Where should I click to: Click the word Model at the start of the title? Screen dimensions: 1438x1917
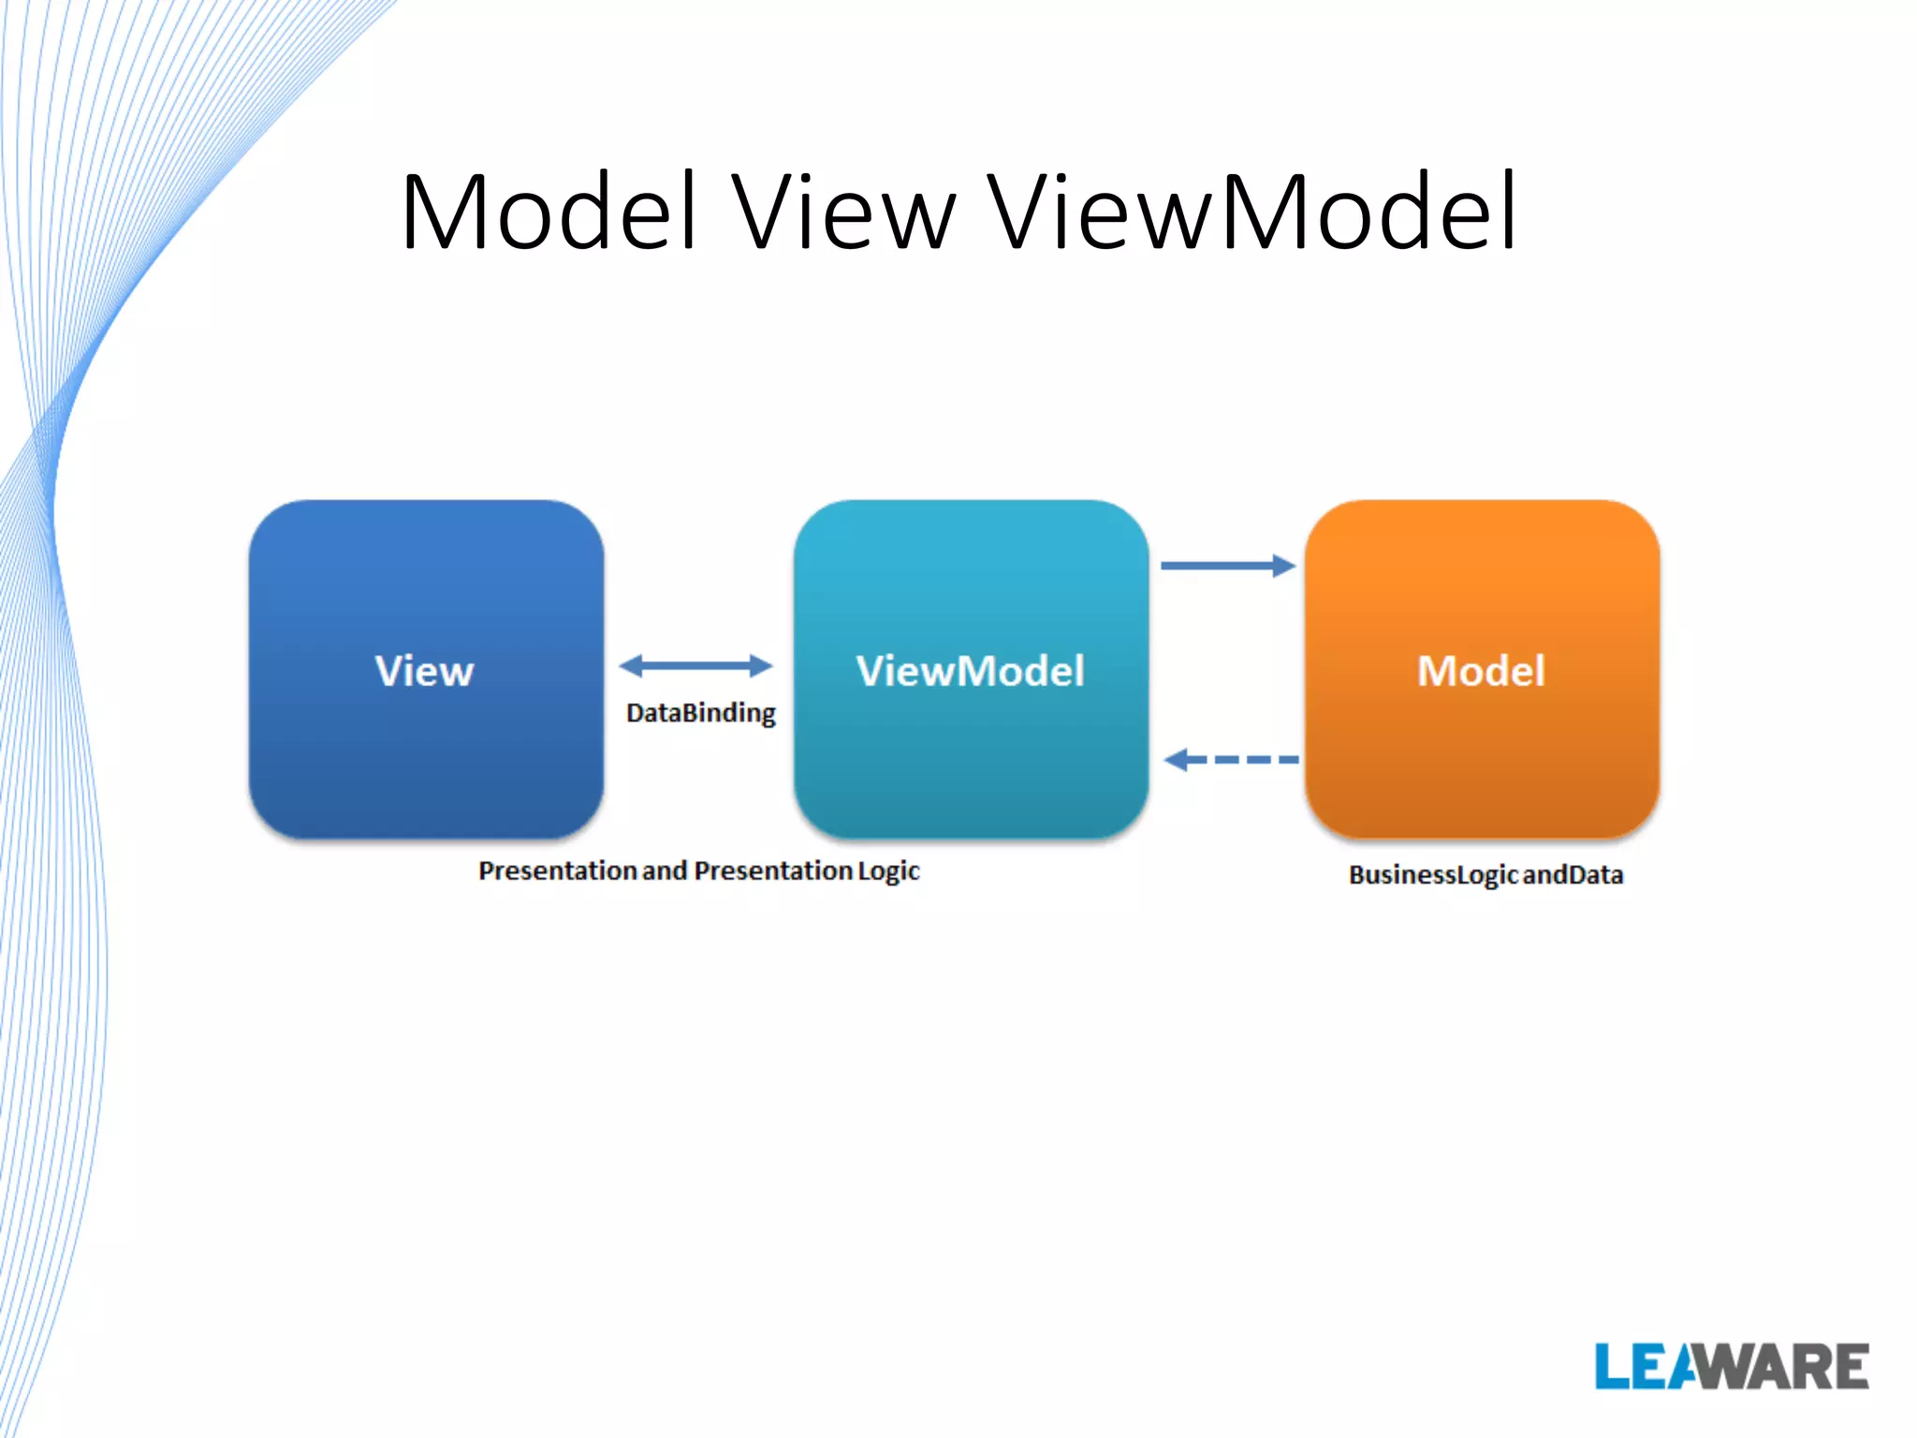tap(549, 213)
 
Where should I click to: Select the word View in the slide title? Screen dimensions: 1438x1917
tap(843, 213)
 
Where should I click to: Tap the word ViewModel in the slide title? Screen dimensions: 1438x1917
tap(1252, 213)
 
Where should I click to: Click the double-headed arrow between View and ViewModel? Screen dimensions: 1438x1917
tap(695, 666)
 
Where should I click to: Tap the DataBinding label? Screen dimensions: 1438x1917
tap(701, 713)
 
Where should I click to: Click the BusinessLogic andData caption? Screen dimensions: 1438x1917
tap(1485, 874)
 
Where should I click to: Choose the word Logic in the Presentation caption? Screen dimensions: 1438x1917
tap(888, 872)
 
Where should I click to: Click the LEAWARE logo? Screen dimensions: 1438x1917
tap(1732, 1367)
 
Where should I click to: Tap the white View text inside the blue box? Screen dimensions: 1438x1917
tap(425, 671)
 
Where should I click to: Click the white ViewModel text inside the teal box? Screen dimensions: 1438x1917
tap(971, 671)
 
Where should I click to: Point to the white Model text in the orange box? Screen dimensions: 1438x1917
tap(1481, 671)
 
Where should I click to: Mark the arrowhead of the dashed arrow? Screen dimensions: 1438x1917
tap(1176, 759)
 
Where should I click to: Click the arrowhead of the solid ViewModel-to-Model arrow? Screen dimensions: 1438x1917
tap(1284, 565)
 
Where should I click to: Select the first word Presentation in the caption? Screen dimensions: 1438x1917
tap(558, 872)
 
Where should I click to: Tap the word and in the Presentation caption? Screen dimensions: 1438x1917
tap(665, 872)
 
